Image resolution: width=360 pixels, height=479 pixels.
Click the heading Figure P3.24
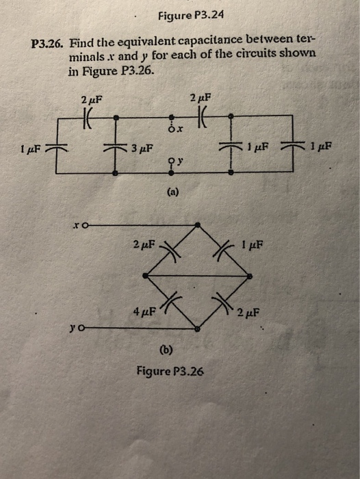(x=190, y=15)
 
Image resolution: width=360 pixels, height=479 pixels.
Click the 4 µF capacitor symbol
(x=174, y=302)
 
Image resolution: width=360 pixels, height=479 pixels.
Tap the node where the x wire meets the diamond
(x=198, y=224)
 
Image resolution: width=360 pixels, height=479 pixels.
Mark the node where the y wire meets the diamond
(x=198, y=329)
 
